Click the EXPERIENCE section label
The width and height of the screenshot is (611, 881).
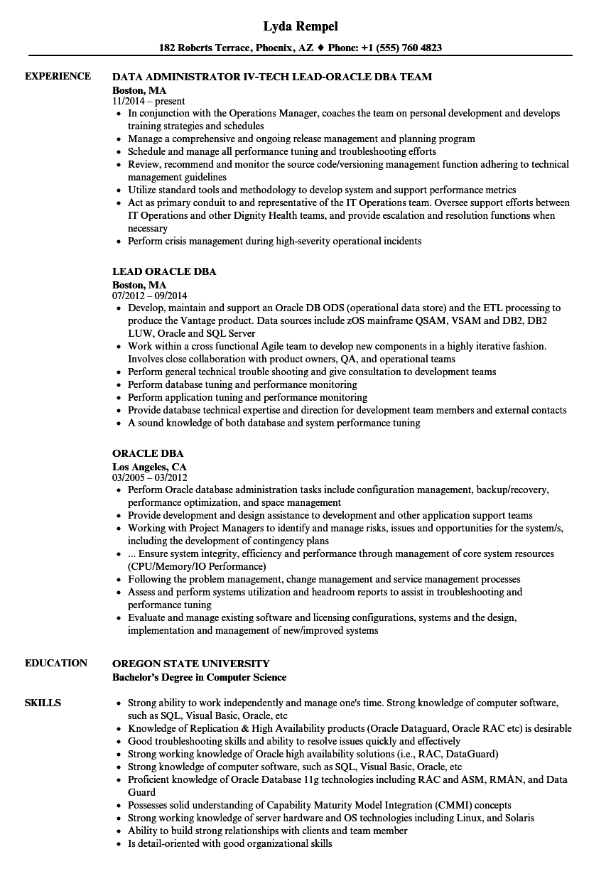(58, 76)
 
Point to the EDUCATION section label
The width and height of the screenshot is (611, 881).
(55, 663)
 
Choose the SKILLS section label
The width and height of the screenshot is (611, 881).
(43, 703)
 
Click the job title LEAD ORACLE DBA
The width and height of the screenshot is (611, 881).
(164, 271)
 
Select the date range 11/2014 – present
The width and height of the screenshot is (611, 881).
(148, 102)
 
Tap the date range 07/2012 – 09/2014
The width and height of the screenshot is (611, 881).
(150, 296)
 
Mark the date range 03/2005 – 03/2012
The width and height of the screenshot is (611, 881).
(150, 477)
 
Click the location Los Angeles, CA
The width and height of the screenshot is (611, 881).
(149, 465)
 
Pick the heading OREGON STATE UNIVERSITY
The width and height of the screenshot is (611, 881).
(191, 664)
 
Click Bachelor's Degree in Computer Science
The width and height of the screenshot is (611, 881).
(199, 677)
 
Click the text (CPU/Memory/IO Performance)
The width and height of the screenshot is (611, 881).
(197, 566)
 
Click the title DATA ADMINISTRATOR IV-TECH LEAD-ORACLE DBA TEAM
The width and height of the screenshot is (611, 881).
(272, 77)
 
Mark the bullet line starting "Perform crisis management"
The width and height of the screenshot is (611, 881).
(274, 241)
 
